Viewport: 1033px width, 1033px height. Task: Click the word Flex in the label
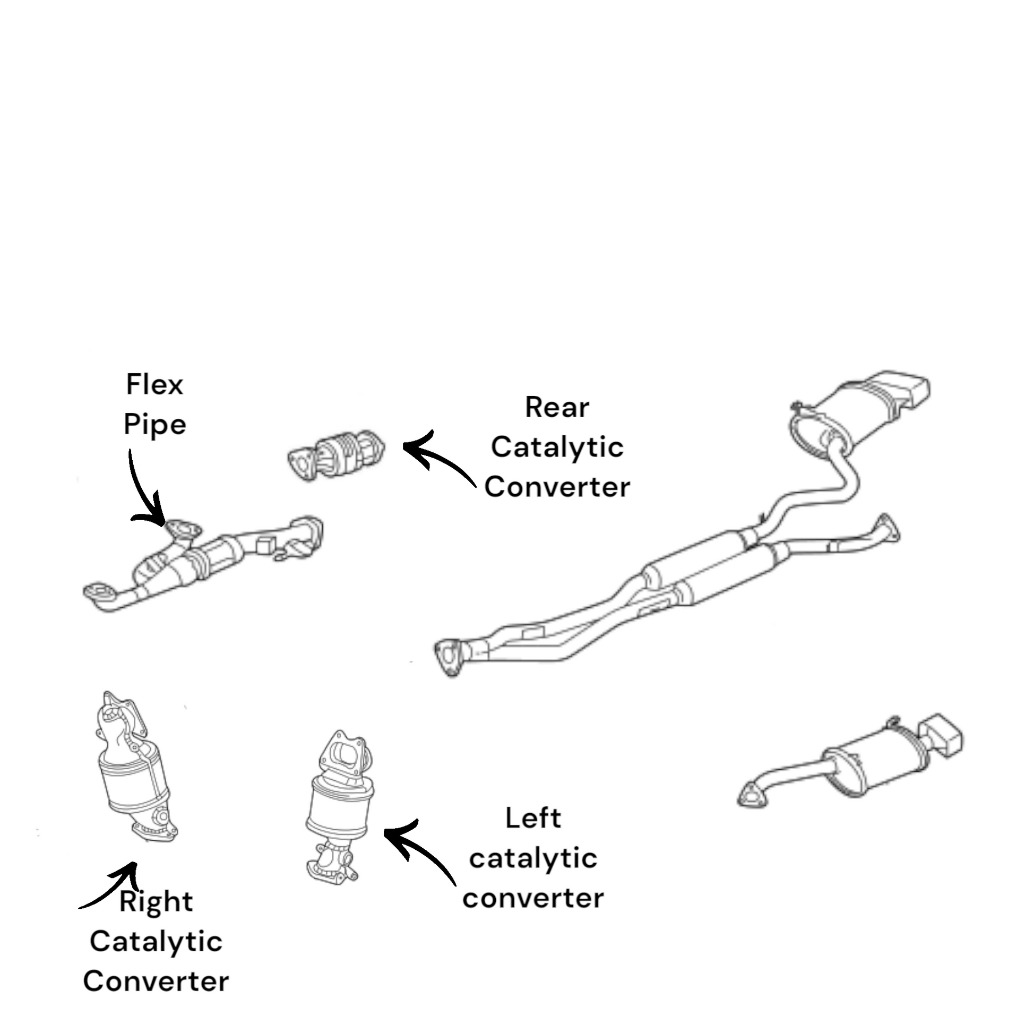[x=154, y=385]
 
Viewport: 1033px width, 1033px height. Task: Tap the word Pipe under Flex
[x=154, y=425]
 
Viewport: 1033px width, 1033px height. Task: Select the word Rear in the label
[x=557, y=408]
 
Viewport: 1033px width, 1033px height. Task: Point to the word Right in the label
[x=156, y=902]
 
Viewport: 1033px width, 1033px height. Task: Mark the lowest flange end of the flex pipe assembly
[x=100, y=593]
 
